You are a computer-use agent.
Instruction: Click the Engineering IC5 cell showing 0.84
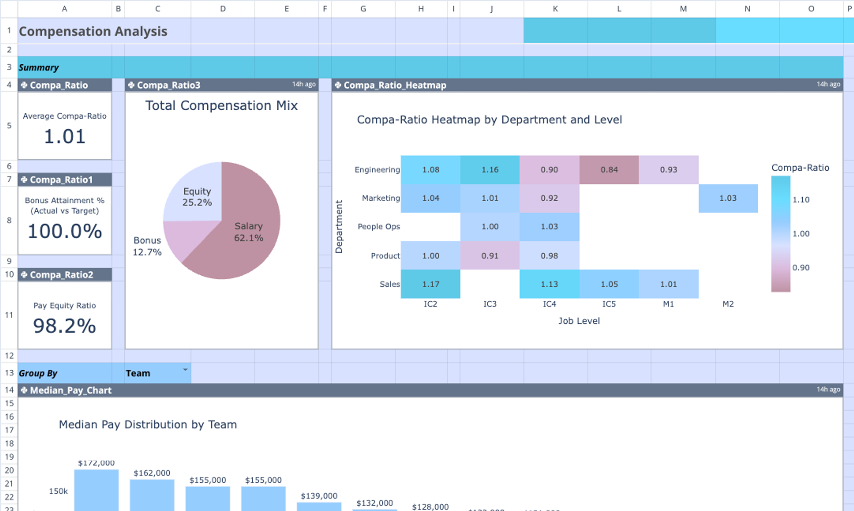(x=609, y=170)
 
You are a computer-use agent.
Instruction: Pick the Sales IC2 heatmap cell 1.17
(x=431, y=284)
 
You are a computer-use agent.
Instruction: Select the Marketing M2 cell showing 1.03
(x=728, y=198)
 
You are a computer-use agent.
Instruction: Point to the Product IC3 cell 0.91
(x=490, y=255)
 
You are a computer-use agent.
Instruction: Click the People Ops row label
(x=378, y=227)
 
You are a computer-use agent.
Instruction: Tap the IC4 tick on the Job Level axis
(x=549, y=304)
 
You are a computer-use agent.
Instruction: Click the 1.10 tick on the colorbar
(x=801, y=200)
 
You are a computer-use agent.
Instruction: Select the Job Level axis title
(x=579, y=321)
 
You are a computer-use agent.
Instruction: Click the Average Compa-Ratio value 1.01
(x=65, y=137)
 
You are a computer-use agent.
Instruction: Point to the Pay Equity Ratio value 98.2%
(x=65, y=326)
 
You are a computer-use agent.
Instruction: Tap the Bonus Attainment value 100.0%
(x=65, y=231)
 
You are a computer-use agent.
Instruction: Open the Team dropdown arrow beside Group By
(x=185, y=370)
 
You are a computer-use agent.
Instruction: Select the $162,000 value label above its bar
(x=152, y=473)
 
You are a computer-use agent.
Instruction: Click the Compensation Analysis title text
(x=93, y=31)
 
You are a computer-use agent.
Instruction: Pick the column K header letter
(x=556, y=9)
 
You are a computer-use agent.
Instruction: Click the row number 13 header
(x=9, y=373)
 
